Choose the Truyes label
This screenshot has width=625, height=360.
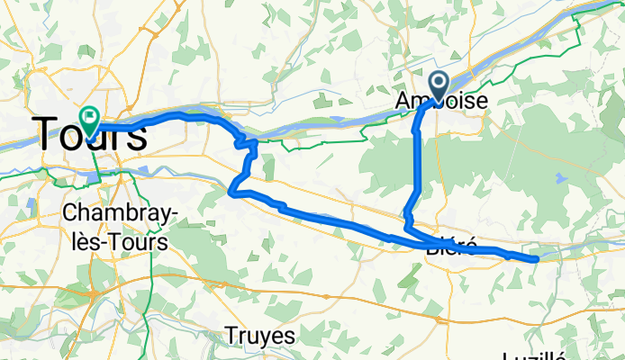point(260,336)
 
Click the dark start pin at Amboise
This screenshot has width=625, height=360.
point(439,85)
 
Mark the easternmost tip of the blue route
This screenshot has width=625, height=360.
point(538,259)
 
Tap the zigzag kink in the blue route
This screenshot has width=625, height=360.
point(245,142)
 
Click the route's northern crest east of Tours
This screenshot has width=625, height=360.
point(185,114)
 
